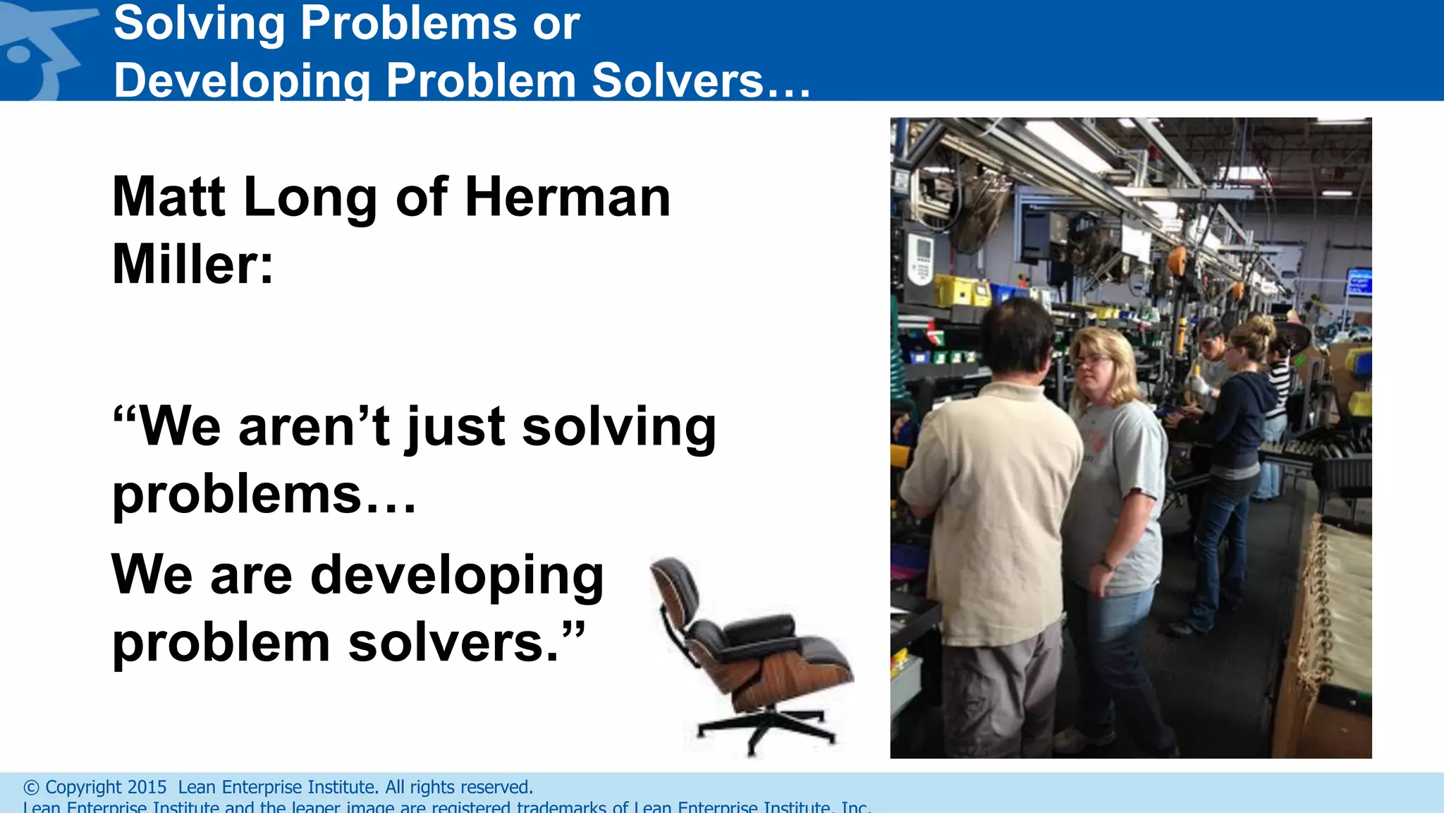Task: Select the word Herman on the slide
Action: (568, 197)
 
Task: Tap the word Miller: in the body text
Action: (192, 264)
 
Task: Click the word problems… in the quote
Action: (264, 494)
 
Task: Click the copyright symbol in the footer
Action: (31, 788)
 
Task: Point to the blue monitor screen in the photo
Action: (1358, 282)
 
